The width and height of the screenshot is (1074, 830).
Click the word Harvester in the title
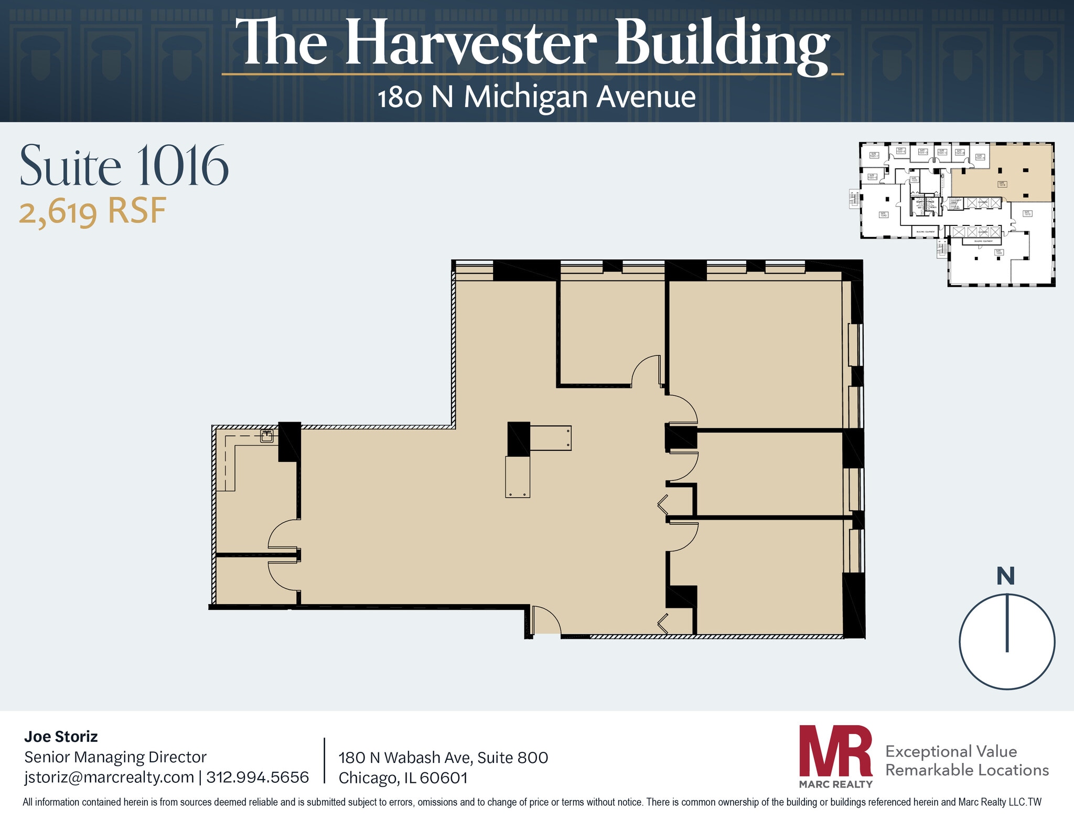click(470, 43)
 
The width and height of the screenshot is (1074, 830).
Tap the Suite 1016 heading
click(124, 166)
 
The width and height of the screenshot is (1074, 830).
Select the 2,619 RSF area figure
click(93, 211)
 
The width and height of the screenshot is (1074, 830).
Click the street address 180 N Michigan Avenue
click(536, 98)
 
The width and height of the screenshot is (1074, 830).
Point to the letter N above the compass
click(1005, 576)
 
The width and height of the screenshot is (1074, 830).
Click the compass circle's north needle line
click(1007, 623)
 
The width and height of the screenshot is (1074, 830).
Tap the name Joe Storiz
click(61, 737)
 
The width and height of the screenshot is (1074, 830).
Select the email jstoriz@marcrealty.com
click(109, 777)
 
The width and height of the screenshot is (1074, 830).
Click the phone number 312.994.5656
click(257, 777)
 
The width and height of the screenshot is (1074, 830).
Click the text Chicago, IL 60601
click(403, 778)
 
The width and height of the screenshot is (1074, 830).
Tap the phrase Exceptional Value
click(951, 751)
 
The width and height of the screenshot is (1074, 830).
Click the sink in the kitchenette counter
click(267, 436)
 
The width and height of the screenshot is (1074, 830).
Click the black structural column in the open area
click(519, 439)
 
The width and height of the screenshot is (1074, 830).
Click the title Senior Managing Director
click(115, 757)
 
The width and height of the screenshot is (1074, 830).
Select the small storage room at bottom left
click(255, 580)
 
